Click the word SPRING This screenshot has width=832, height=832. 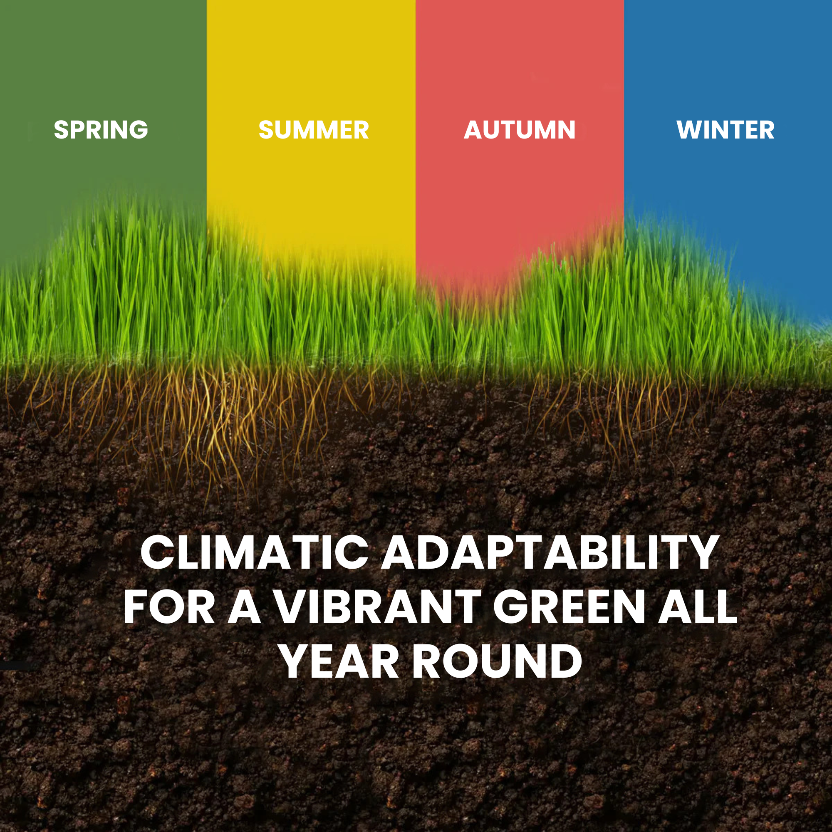[x=101, y=130]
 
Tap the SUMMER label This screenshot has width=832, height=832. [x=314, y=130]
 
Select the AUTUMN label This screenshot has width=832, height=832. [x=519, y=130]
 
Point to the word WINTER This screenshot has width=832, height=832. [x=725, y=130]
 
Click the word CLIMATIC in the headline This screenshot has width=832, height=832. [x=255, y=552]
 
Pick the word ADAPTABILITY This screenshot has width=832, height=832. [x=550, y=552]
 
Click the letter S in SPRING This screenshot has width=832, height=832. [x=61, y=130]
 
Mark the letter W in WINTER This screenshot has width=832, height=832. [x=690, y=130]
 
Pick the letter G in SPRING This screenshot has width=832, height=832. [x=138, y=130]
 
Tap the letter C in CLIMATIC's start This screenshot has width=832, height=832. [x=157, y=552]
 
